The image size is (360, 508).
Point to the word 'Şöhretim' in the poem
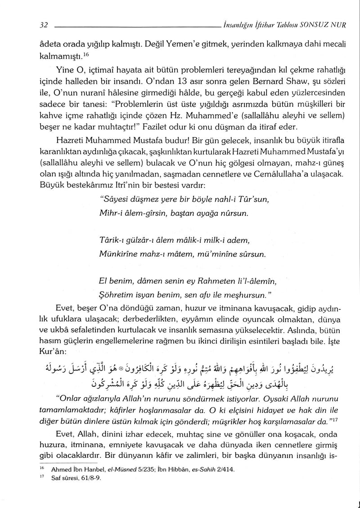point(114,293)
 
